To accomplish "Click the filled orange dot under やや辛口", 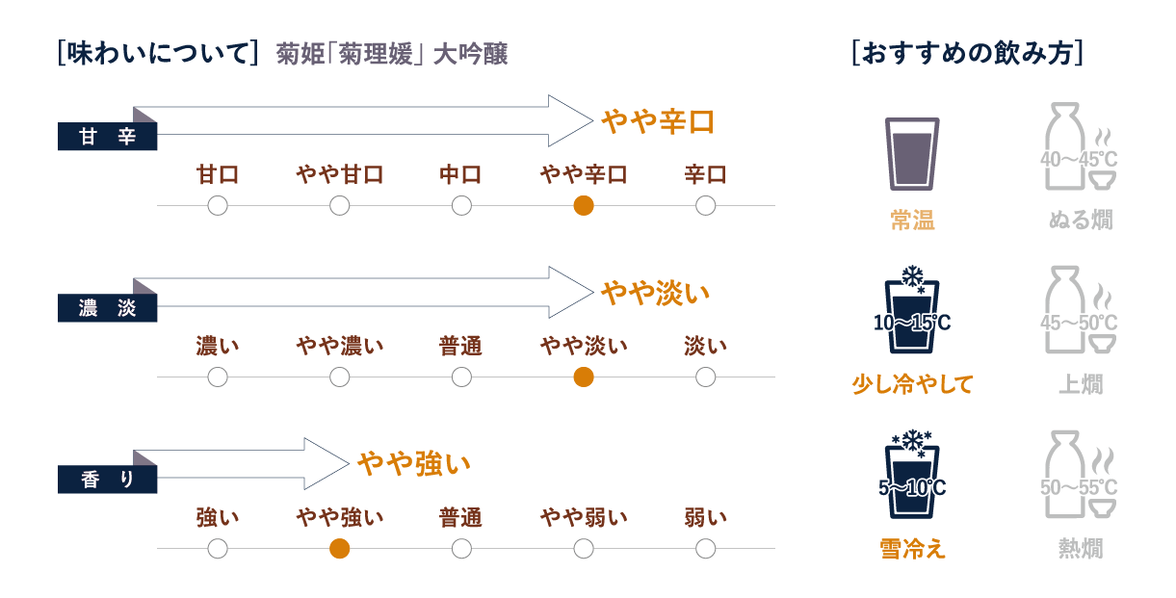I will coord(583,205).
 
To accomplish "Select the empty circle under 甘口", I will coord(218,205).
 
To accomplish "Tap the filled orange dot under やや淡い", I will coord(583,377).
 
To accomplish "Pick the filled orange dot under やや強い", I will coord(339,549).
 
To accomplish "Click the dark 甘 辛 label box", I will coord(108,137).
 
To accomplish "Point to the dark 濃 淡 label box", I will coord(108,308).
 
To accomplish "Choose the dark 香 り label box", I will coord(108,480).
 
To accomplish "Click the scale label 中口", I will coord(461,174).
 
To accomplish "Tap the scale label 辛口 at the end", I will coord(705,174).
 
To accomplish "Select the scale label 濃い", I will coord(218,346).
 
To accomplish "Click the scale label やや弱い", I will coord(583,518).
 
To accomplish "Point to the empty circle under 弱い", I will coord(705,549).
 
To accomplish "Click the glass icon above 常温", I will coord(911,152).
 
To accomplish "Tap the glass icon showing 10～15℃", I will coord(911,314).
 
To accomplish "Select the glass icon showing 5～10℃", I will coord(911,478).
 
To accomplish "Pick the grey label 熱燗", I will coord(1080,549).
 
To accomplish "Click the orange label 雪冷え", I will coord(912,549).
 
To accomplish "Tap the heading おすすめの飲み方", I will coord(967,53).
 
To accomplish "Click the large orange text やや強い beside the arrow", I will coord(414,464).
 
